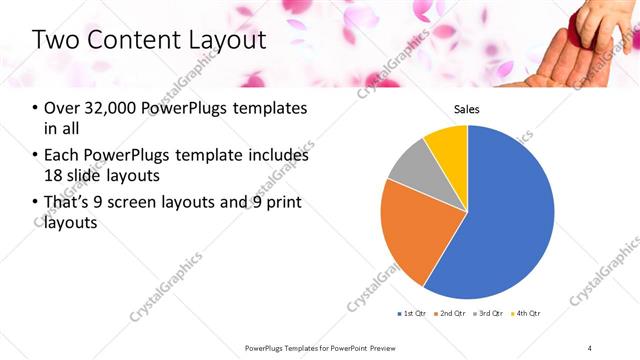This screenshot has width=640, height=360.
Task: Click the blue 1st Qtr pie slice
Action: point(500,220)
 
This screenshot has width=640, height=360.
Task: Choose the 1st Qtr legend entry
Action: point(412,314)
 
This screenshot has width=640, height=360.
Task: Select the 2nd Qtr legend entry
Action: point(451,314)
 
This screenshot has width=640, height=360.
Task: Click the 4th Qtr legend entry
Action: point(527,314)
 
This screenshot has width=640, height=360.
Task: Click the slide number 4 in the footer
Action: point(590,347)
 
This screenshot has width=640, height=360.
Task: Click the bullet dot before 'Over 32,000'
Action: point(36,108)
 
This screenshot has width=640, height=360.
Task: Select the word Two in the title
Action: point(54,40)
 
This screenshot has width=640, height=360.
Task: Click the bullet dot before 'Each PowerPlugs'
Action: point(36,156)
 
